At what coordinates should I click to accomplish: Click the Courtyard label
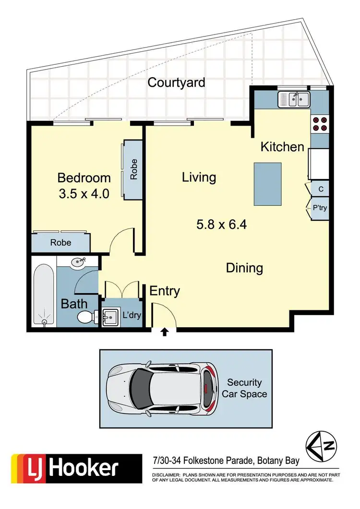tap(176, 83)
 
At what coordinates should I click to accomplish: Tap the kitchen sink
tap(294, 100)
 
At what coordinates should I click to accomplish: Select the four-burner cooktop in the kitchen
tap(320, 124)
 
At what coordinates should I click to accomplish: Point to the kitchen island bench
tap(267, 183)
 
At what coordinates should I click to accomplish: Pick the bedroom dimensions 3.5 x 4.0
tap(84, 193)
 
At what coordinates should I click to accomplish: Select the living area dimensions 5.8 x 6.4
tap(221, 224)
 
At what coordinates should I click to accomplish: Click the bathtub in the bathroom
tap(44, 294)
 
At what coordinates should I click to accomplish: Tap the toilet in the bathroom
tap(86, 317)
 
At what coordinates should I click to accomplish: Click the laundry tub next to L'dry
tap(110, 317)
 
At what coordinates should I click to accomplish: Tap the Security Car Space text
tap(244, 388)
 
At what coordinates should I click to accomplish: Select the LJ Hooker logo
tap(66, 468)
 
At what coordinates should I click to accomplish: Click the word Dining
tap(244, 268)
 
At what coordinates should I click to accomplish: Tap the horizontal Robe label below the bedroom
tap(60, 243)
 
